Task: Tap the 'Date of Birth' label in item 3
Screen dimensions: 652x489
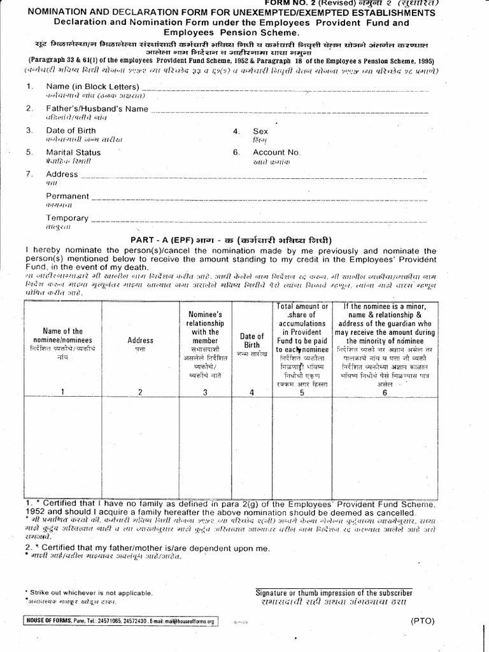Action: click(71, 131)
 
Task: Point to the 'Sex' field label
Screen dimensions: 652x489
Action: click(260, 131)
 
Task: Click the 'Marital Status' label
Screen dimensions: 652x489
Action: click(73, 153)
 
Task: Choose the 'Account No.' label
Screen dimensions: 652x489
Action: click(276, 153)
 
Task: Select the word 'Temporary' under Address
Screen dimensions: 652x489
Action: click(67, 218)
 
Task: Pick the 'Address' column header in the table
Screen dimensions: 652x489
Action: click(140, 340)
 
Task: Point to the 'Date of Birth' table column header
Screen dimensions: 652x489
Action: click(252, 340)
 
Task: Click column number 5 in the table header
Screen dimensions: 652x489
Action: click(302, 392)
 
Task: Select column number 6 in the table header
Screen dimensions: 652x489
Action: click(384, 392)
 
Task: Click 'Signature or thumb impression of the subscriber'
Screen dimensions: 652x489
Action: click(334, 592)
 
